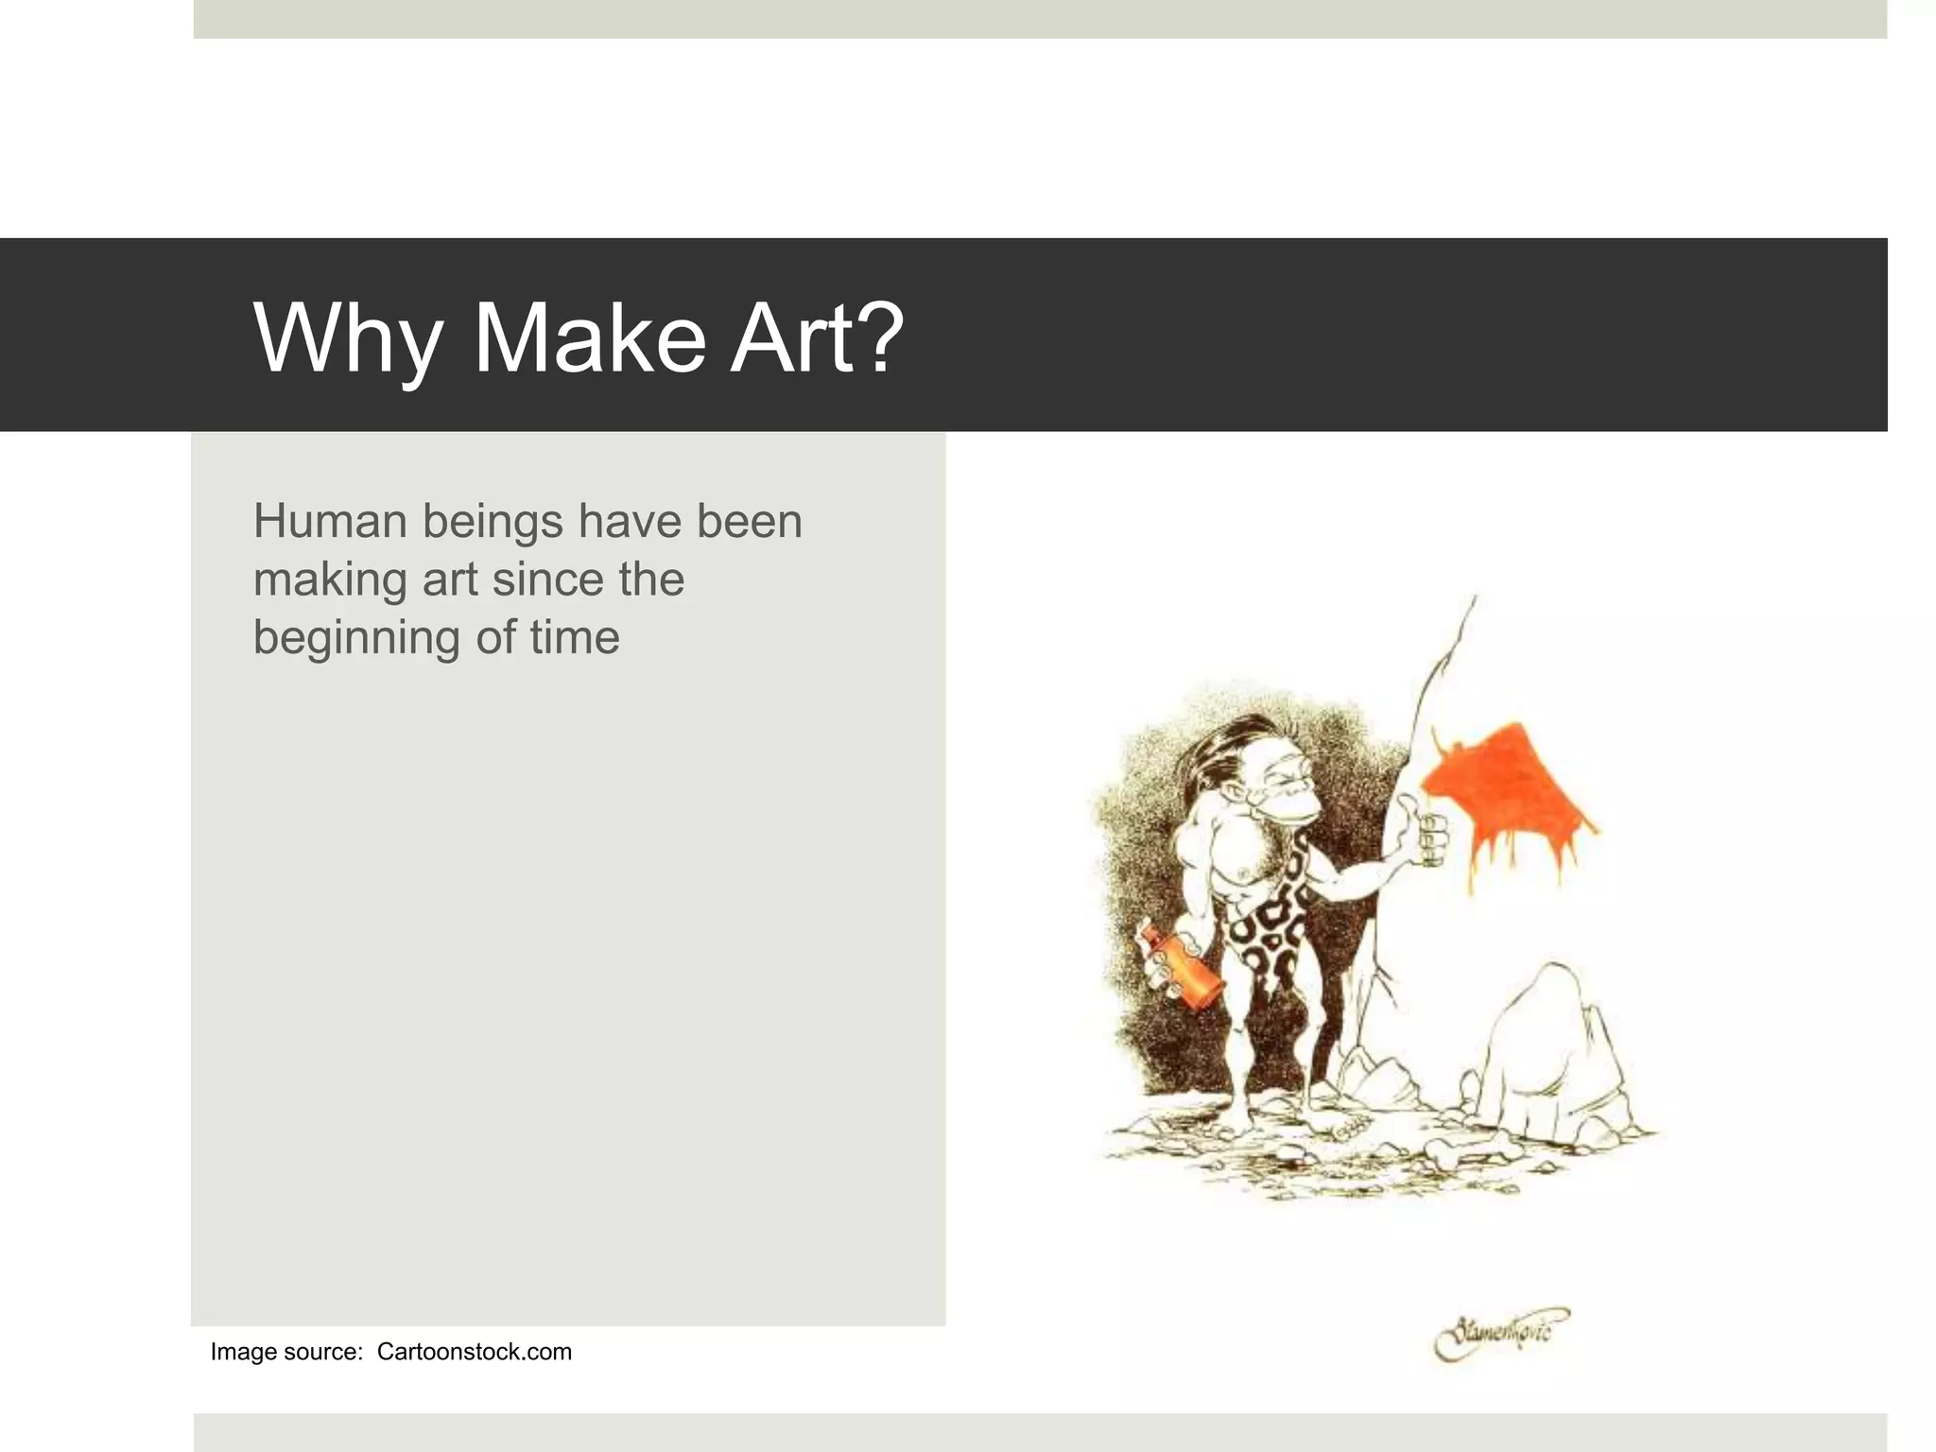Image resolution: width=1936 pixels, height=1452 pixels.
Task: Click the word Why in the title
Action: pos(348,338)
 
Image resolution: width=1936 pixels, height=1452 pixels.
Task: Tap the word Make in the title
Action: pos(589,338)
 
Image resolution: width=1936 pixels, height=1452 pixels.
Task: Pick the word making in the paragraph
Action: pos(330,580)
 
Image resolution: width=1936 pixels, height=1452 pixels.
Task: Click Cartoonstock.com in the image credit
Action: pos(474,1352)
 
